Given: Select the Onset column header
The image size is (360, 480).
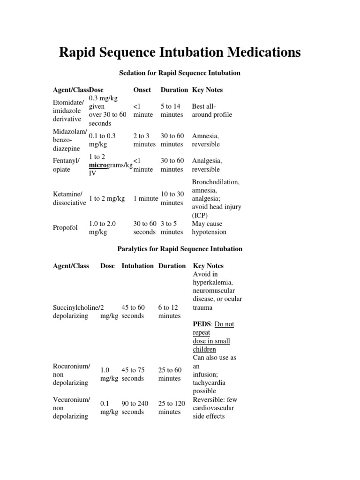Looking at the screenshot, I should [x=142, y=90].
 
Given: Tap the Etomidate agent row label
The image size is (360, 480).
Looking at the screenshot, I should [x=68, y=111].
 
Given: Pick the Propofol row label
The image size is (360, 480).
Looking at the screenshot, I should [x=65, y=228].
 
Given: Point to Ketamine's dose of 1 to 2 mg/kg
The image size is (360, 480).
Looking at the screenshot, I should [x=107, y=199].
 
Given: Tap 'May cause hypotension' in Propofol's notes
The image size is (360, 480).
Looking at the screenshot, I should [x=209, y=228].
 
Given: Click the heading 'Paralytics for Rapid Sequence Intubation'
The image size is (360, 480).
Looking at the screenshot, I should [x=180, y=249].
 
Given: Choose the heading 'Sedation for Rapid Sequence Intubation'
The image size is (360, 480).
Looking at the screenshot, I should [x=180, y=73].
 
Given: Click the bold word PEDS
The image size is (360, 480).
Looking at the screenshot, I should [x=202, y=324].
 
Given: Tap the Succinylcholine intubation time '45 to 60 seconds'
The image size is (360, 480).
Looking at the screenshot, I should [x=133, y=312].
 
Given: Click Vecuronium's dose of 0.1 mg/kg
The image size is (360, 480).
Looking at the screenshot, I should [x=109, y=408].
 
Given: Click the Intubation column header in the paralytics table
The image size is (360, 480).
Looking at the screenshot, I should [x=137, y=266].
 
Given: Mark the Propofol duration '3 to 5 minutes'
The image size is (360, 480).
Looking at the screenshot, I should [x=172, y=228].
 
